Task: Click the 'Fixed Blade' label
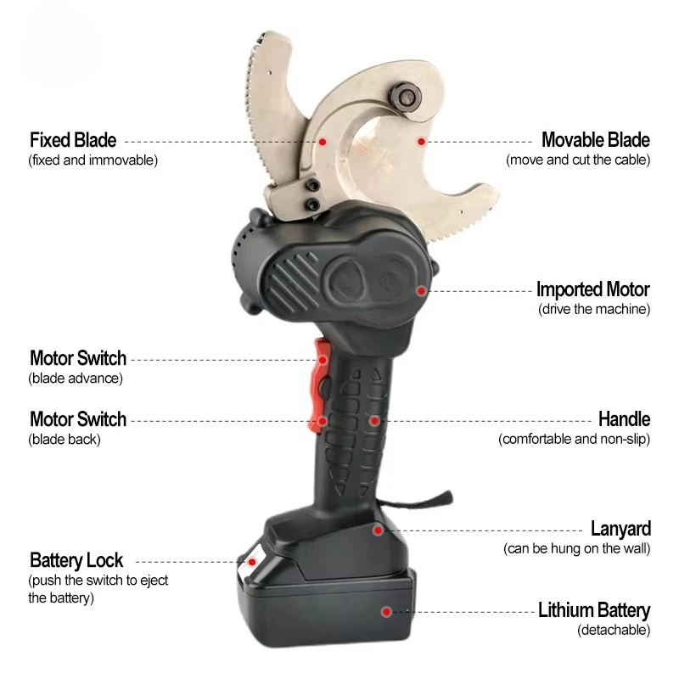73,140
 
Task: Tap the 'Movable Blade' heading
596,140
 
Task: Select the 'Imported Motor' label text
592,289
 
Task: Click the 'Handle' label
624,419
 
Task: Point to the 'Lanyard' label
620,529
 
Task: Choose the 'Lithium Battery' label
594,610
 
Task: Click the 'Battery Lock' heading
76,560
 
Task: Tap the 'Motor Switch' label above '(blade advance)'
78,358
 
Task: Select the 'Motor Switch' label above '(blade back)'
78,419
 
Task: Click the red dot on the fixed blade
323,142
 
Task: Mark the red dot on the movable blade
421,142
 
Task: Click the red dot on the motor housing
420,291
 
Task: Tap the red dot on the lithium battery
386,612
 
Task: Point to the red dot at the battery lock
251,562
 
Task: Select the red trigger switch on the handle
319,385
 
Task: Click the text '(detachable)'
614,630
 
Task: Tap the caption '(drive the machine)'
594,309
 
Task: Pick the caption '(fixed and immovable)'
93,160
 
